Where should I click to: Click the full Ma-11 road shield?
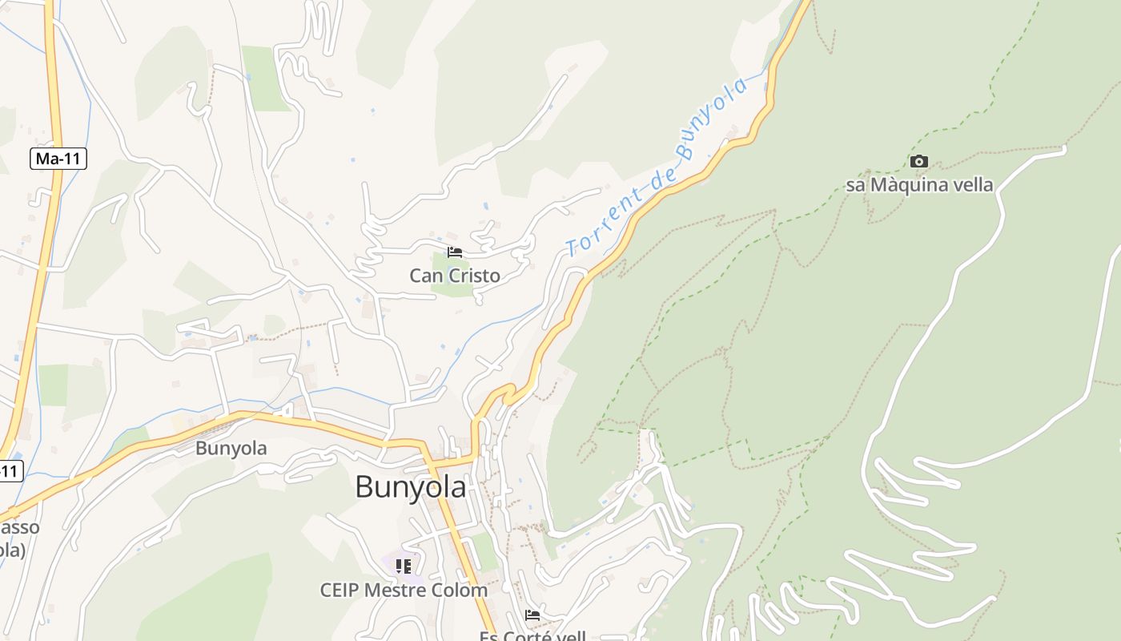coord(58,159)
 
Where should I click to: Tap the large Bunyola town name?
coord(410,486)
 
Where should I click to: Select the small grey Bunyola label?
coord(231,448)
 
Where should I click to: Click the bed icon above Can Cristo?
coord(455,252)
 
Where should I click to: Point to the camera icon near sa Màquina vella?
coord(919,162)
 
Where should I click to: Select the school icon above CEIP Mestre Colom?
coord(404,566)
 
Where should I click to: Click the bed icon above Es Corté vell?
coord(532,615)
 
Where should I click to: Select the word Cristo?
coord(473,276)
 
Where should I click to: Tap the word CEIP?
coord(340,591)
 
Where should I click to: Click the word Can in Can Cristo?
coord(425,276)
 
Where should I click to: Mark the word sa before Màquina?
coord(855,185)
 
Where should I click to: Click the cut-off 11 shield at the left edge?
coord(10,470)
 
